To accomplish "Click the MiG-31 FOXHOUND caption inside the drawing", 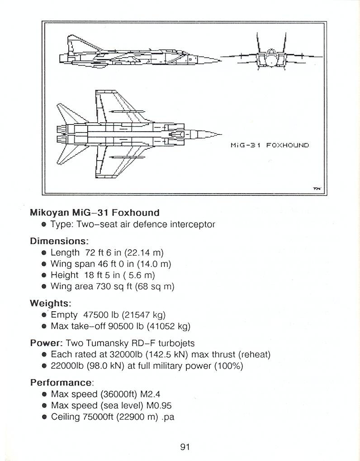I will pos(270,145).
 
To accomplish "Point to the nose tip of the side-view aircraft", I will pos(219,59).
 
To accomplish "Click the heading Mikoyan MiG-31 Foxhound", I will pos(95,213).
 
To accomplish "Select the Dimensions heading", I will pos(59,241).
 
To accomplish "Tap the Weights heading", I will pos(51,303).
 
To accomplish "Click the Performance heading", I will pos(61,382).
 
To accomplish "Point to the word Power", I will pos(45,343).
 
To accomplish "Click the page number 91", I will pos(185,447).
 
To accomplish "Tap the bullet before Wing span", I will pos(44,264).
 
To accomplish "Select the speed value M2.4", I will pos(151,394).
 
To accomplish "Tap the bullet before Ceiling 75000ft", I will pos(44,417).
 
